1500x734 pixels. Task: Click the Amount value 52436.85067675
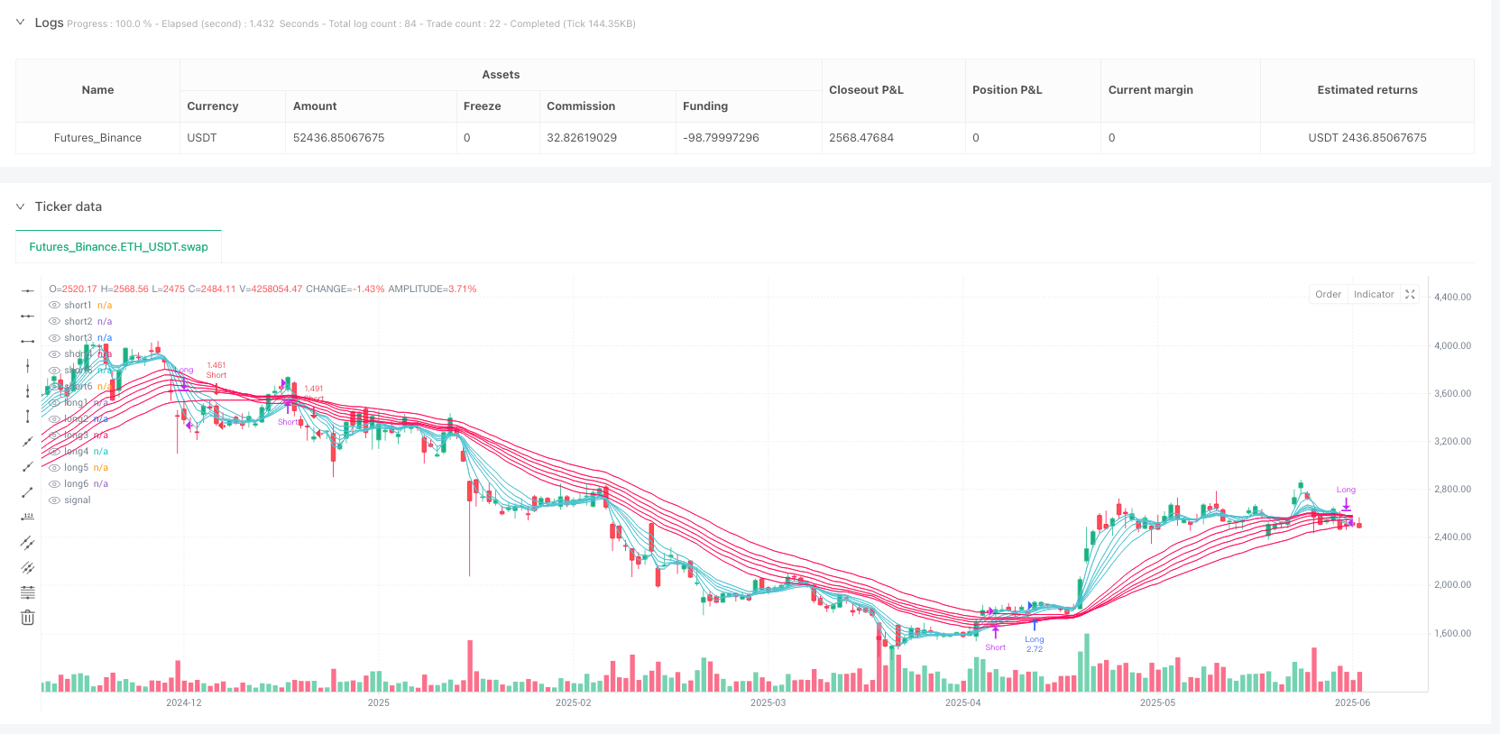(338, 138)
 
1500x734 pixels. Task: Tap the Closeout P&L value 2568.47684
(860, 138)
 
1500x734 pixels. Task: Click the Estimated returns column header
(1367, 90)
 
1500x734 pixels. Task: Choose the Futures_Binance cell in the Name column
(97, 138)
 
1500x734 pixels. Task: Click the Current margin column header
(1150, 90)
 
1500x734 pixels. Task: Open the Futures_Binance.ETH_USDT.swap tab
(118, 247)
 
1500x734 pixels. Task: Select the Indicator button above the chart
(1373, 295)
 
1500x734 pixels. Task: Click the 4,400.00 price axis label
(1452, 297)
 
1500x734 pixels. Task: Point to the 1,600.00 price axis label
(1452, 633)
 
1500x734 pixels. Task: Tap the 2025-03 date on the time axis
(768, 702)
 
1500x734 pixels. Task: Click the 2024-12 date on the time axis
(184, 702)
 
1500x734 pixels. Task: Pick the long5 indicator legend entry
(77, 468)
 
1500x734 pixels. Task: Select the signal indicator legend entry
(77, 500)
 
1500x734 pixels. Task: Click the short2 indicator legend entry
(78, 322)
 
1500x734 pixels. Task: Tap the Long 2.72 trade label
(1034, 644)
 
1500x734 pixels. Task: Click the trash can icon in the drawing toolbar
(28, 618)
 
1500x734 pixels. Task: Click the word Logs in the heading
(49, 23)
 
